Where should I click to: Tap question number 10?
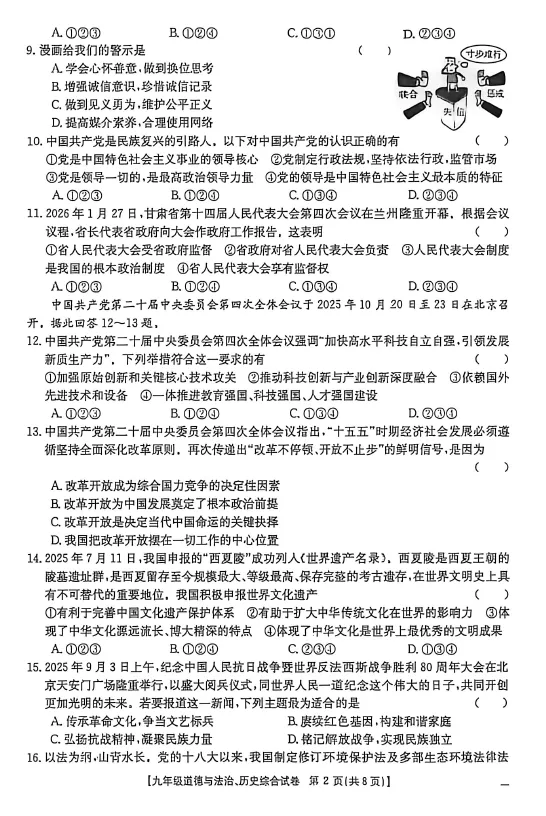coord(33,141)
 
